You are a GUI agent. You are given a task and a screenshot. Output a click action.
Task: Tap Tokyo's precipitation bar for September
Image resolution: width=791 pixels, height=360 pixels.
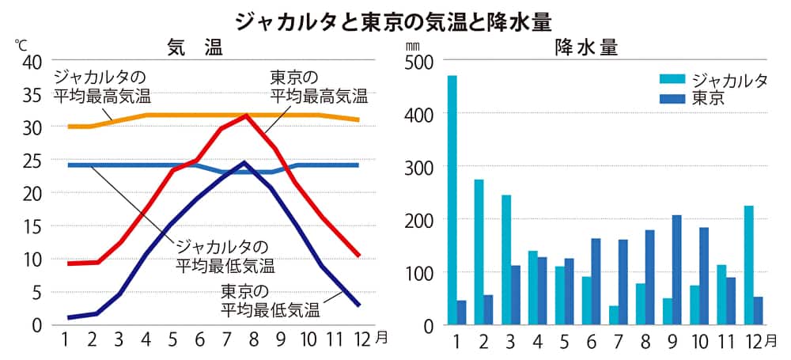point(676,269)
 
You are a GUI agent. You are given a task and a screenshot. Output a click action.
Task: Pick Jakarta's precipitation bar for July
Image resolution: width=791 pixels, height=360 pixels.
point(613,314)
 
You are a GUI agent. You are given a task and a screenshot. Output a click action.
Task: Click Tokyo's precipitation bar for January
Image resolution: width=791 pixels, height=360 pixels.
point(461,312)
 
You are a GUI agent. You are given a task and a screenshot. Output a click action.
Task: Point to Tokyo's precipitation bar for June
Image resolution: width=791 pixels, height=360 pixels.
point(596,281)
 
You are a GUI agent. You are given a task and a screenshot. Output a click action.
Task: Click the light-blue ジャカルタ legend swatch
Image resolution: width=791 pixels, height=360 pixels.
point(673,79)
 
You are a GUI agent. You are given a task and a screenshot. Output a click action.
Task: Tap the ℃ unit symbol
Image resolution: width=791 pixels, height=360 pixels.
point(21,44)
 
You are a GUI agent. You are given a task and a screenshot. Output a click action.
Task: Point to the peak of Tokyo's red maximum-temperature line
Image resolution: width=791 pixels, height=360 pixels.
point(246,116)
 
